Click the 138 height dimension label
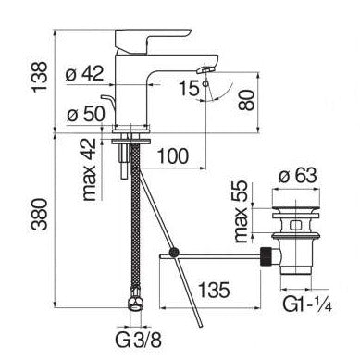[41, 77]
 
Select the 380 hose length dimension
[40, 215]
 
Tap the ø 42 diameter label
[85, 74]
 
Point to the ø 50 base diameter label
[86, 115]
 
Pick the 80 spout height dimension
[246, 100]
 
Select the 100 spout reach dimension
[173, 155]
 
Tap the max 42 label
[90, 169]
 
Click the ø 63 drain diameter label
[298, 176]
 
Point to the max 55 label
[241, 212]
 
